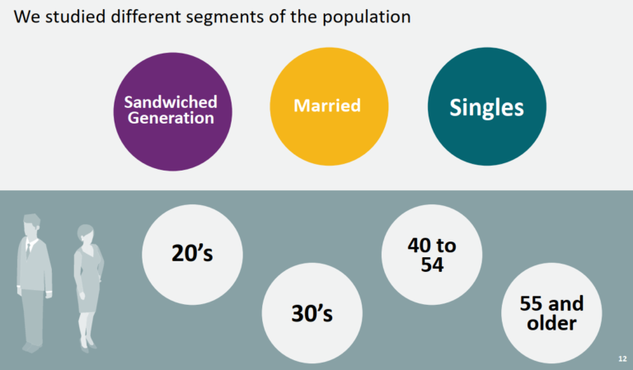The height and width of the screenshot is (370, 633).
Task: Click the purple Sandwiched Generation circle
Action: tap(172, 112)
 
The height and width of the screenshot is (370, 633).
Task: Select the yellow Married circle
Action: tap(329, 106)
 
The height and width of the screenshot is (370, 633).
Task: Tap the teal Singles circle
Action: tap(487, 106)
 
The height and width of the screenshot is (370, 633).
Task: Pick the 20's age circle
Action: tap(192, 255)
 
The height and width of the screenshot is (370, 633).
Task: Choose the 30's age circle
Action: tap(312, 313)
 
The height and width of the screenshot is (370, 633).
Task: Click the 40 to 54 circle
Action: tap(432, 255)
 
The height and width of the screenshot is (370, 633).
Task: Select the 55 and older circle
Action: tap(551, 313)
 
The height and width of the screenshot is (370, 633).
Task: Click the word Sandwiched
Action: tap(171, 102)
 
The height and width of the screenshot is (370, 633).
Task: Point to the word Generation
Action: tap(171, 118)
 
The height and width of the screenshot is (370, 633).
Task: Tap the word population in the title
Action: tap(366, 17)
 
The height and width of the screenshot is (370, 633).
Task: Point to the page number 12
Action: tap(622, 358)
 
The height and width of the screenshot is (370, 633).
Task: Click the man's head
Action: tap(31, 225)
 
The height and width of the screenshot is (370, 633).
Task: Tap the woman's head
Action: tap(86, 234)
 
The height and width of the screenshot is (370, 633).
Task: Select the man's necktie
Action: tap(28, 249)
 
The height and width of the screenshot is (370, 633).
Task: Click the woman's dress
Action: tap(89, 279)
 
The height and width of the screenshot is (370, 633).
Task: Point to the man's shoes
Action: tap(31, 347)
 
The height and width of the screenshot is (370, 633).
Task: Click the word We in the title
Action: tap(26, 17)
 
